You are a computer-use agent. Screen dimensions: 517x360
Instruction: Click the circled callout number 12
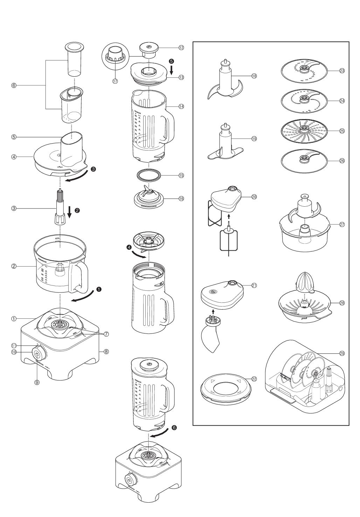(x=181, y=47)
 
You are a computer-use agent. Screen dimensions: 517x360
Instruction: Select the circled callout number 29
(x=342, y=353)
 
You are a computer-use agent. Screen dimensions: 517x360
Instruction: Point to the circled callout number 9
(x=37, y=382)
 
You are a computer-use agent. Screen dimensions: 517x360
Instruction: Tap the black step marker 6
(x=174, y=428)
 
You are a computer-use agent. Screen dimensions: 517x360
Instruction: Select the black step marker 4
(x=129, y=247)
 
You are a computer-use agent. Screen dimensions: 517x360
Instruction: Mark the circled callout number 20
(x=254, y=197)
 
